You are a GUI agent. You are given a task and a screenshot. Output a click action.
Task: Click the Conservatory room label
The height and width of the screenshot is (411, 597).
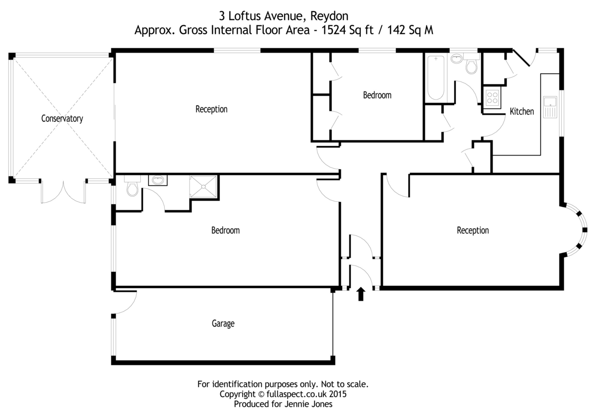pos(62,118)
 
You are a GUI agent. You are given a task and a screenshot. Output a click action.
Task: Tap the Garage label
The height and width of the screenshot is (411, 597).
pos(223,324)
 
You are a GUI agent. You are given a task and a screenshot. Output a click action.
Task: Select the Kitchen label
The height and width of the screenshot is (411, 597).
pos(521,111)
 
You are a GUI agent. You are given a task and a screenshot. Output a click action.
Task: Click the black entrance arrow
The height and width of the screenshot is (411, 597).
pos(361,294)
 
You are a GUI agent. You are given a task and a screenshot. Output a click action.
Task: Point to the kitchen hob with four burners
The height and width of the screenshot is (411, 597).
pos(492,97)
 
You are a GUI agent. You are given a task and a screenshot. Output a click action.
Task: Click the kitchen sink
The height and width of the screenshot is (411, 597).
pos(550,107)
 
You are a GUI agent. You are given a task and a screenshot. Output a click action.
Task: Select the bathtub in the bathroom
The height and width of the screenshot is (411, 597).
pos(435,77)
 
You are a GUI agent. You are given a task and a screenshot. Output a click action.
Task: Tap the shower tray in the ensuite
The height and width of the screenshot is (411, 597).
pos(203,186)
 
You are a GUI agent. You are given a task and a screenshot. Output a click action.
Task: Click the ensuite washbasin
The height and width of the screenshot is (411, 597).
pos(158,180)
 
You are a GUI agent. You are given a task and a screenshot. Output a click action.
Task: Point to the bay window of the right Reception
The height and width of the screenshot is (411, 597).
pos(575,230)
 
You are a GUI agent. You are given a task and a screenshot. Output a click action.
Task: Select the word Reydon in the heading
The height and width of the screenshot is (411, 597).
pos(329,16)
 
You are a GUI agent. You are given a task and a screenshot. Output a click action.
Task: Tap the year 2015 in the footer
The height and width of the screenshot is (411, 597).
pos(337,394)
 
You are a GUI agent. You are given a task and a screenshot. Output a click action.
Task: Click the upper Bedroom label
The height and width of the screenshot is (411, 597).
pos(377,95)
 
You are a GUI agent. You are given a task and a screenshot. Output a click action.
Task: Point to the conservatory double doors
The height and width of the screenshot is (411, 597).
pos(64,192)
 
